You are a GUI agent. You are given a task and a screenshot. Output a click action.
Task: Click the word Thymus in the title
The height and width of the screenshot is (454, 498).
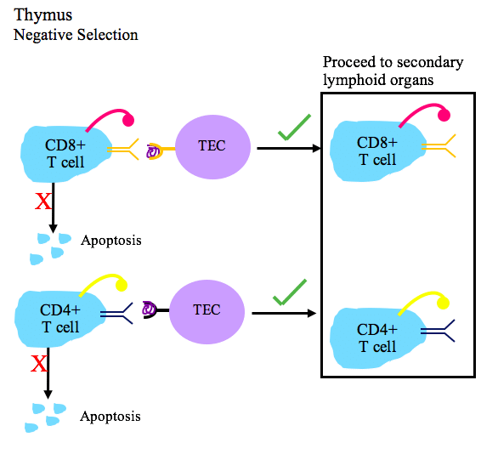[42, 16]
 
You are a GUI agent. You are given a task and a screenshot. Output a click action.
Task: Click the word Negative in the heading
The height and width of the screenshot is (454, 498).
[42, 35]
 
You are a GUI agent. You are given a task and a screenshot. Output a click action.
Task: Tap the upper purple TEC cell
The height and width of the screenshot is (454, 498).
[212, 147]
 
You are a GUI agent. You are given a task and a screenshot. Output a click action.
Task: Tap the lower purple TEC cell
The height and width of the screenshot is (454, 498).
[207, 312]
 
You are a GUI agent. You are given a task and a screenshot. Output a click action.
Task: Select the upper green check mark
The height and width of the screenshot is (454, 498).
[294, 128]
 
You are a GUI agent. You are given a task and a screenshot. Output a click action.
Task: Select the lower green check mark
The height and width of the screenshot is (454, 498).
[289, 292]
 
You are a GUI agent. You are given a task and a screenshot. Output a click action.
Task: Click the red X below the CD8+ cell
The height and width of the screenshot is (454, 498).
[42, 201]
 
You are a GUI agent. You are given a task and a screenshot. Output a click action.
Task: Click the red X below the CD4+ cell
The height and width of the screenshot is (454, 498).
[39, 364]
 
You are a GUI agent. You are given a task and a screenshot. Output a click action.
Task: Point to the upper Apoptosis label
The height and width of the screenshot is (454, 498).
[111, 241]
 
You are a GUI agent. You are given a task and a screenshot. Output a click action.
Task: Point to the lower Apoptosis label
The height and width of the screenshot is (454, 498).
[110, 417]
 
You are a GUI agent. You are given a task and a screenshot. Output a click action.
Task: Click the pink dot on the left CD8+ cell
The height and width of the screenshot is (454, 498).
[128, 121]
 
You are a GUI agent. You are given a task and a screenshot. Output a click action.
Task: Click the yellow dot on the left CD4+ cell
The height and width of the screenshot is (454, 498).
[122, 286]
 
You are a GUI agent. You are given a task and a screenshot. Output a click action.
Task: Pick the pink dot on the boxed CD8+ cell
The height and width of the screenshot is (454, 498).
[444, 115]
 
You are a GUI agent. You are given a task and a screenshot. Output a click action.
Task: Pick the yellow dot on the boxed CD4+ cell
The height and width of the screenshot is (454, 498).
[443, 303]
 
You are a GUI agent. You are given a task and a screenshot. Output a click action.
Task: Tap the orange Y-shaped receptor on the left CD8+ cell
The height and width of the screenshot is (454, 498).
[122, 149]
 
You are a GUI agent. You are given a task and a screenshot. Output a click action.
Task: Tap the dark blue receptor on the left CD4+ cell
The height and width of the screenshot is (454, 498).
[116, 314]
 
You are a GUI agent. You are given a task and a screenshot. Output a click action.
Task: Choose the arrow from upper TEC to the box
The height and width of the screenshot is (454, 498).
[289, 149]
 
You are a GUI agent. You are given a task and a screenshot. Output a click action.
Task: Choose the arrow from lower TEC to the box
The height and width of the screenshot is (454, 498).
[284, 313]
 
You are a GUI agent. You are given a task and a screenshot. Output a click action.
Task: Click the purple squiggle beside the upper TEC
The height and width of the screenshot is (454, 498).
[153, 151]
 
